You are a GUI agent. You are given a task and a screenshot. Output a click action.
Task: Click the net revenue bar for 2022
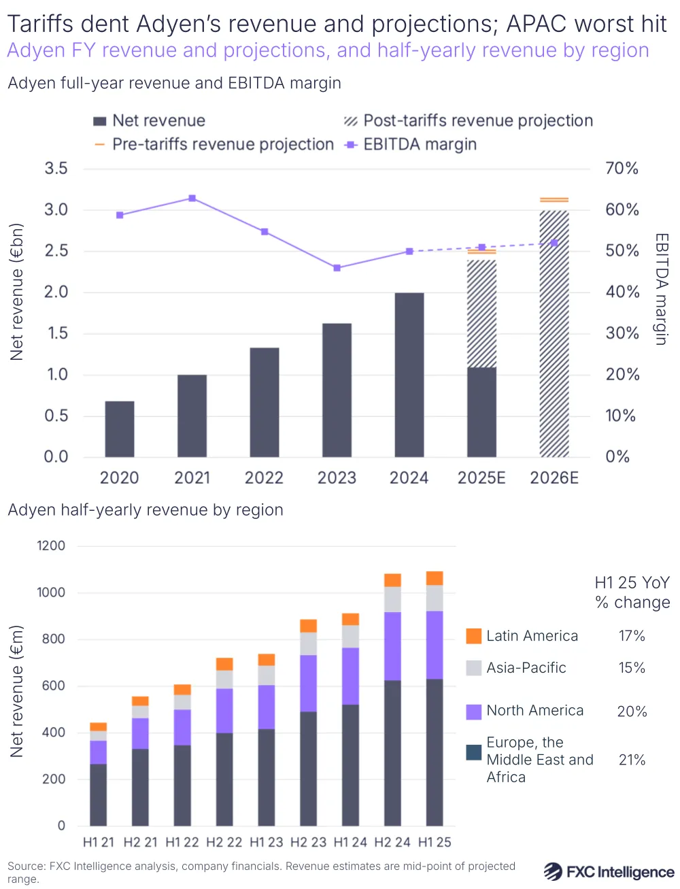(x=265, y=402)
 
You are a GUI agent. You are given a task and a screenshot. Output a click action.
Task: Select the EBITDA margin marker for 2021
(x=192, y=199)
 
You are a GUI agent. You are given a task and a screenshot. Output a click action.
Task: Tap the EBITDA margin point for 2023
(x=337, y=268)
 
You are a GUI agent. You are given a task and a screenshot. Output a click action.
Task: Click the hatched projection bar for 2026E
(x=554, y=333)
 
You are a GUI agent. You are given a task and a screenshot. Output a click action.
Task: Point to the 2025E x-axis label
(x=481, y=478)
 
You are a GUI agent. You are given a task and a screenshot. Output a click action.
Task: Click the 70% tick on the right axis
(x=622, y=169)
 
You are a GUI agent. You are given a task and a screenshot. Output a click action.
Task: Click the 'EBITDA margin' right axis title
(x=661, y=289)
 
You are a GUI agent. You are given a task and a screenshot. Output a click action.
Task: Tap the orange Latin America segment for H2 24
(x=392, y=580)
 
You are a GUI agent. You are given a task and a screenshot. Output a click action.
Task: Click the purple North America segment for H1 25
(x=435, y=645)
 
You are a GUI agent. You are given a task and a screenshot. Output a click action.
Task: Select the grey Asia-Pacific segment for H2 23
(x=309, y=643)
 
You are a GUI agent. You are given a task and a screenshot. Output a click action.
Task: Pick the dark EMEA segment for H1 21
(x=99, y=794)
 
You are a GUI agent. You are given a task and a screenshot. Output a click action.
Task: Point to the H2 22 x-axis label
(x=224, y=842)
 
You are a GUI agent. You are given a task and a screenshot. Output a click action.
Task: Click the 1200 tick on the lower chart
(x=51, y=546)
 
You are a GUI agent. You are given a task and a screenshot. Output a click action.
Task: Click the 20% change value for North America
(x=632, y=711)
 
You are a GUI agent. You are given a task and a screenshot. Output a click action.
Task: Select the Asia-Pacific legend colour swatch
(x=474, y=668)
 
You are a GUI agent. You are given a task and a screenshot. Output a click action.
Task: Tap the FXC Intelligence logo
(x=609, y=872)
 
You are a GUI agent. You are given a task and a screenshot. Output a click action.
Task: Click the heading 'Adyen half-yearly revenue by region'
(x=146, y=510)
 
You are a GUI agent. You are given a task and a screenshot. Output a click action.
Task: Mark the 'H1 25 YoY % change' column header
(x=632, y=592)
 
